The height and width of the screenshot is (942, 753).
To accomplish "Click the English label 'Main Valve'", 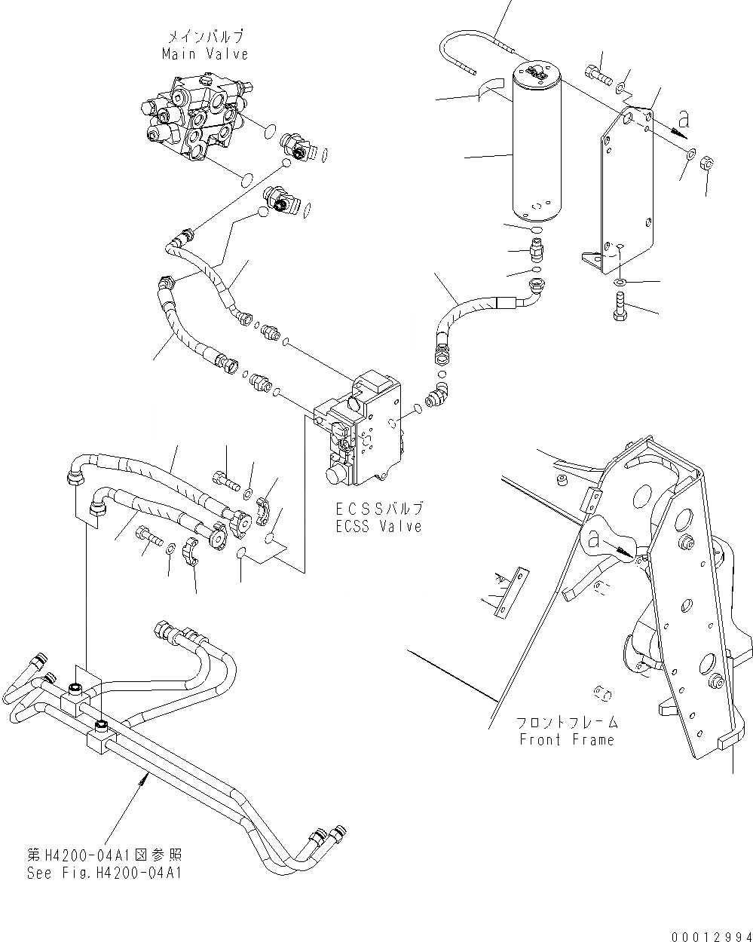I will [x=204, y=54].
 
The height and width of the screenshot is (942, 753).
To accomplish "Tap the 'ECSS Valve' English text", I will [x=378, y=527].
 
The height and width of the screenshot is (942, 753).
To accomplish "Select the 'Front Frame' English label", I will [x=567, y=739].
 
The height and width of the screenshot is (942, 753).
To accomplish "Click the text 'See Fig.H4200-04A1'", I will [x=104, y=873].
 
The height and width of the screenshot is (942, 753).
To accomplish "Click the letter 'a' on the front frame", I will [x=595, y=540].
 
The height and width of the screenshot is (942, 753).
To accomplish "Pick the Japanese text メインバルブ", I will [x=204, y=36].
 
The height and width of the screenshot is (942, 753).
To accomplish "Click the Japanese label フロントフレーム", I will [x=567, y=723].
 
